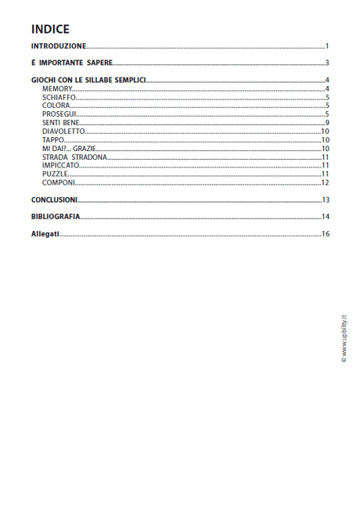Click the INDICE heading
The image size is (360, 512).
tap(50, 29)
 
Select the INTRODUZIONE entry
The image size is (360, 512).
tap(59, 47)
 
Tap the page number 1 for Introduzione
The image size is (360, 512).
tap(327, 47)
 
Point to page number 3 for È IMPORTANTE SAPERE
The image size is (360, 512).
tap(327, 63)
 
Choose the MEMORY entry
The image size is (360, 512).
tap(57, 89)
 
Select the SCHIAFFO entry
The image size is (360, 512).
tap(59, 97)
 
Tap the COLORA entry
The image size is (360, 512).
tap(56, 106)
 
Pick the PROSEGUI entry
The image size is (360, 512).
tap(59, 114)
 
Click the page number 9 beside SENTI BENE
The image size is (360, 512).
tap(327, 123)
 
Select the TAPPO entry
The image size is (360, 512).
tap(54, 139)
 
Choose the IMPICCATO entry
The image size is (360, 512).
tap(61, 165)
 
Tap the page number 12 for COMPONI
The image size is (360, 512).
tap(325, 182)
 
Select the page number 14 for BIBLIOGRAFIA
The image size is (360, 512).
tap(325, 217)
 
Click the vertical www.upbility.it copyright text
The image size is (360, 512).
tap(343, 337)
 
